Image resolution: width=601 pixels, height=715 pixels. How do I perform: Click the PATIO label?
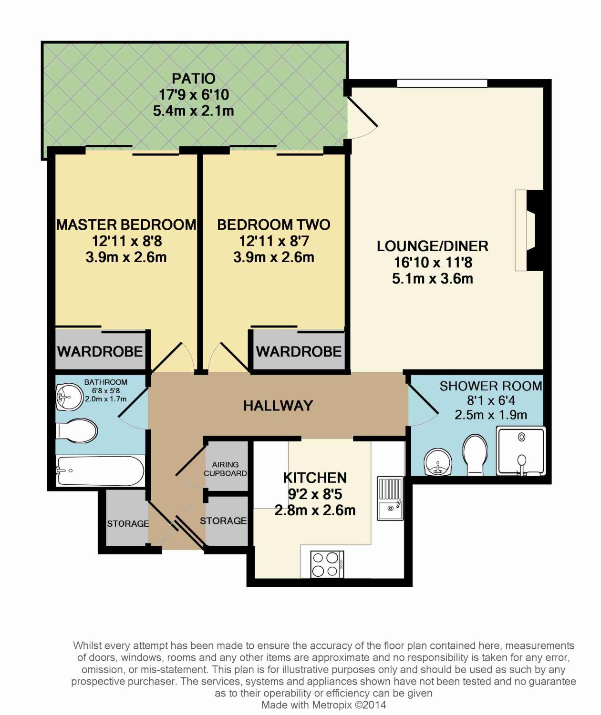pos(194,78)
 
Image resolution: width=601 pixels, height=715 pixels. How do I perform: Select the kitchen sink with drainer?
pos(391,498)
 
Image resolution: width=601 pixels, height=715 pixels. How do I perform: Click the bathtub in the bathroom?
pos(100,471)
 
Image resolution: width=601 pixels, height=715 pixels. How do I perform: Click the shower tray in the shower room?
pos(521,451)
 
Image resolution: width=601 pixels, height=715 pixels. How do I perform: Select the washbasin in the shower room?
pos(437,461)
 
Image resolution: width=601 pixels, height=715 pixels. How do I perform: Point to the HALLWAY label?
pos(278,406)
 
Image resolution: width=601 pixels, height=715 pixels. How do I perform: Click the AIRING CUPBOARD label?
pos(225,469)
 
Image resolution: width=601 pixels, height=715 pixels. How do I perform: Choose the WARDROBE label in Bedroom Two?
pos(299,352)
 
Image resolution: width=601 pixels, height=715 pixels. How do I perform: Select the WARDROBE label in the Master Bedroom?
pos(100,352)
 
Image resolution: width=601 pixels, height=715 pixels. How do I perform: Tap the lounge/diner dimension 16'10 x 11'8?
pos(433,262)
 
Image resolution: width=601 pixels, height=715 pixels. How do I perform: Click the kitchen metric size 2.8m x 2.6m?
pos(315,511)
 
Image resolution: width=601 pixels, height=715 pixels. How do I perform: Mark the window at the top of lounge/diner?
pos(442,83)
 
